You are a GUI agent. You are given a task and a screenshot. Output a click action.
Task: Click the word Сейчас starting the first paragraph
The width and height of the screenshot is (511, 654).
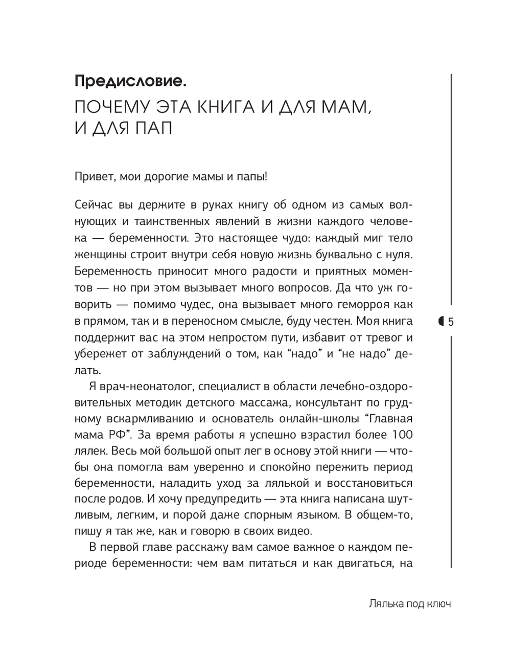click(x=92, y=205)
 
